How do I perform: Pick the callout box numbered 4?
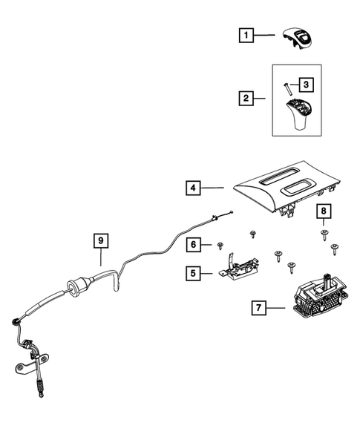coord(193,188)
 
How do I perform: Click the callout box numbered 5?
coord(193,272)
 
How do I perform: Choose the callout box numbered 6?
coord(193,244)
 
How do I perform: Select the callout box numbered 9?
coord(101,240)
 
